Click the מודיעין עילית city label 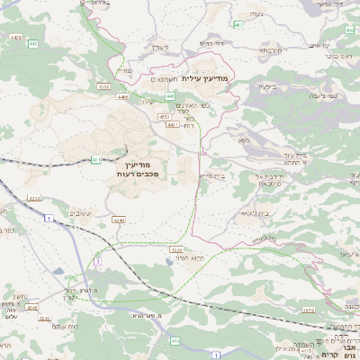click(x=205, y=78)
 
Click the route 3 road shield click(x=96, y=261)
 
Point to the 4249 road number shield click(x=119, y=219)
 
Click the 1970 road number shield click(x=332, y=310)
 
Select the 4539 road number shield click(x=176, y=249)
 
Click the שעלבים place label click(x=79, y=213)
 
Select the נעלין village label click(x=158, y=46)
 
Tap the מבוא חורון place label click(x=164, y=258)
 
